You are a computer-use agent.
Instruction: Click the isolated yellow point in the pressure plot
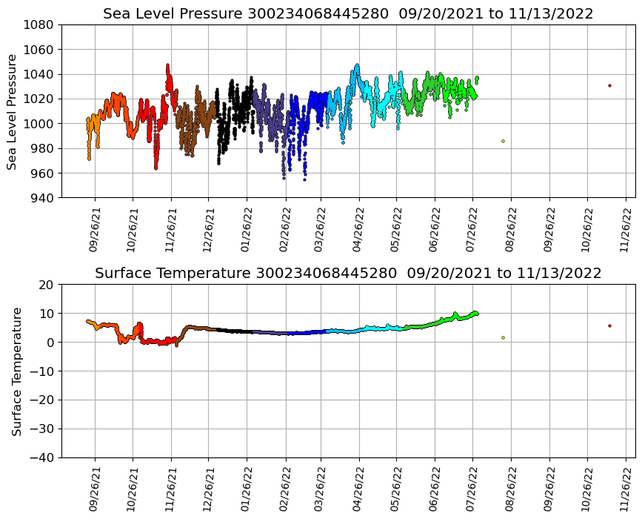pyautogui.click(x=503, y=141)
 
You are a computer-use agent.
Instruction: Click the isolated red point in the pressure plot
pyautogui.click(x=609, y=85)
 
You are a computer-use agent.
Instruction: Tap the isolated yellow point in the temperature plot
pyautogui.click(x=503, y=337)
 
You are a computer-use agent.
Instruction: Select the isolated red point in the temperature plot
pyautogui.click(x=609, y=325)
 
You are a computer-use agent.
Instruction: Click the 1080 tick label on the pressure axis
pyautogui.click(x=38, y=24)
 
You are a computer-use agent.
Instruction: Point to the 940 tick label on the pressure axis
pyautogui.click(x=41, y=198)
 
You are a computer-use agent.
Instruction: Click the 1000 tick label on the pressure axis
pyautogui.click(x=38, y=124)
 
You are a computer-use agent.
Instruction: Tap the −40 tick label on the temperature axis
pyautogui.click(x=42, y=458)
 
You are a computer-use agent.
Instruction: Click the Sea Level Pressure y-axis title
pyautogui.click(x=13, y=111)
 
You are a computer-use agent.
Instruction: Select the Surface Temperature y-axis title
pyautogui.click(x=16, y=371)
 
